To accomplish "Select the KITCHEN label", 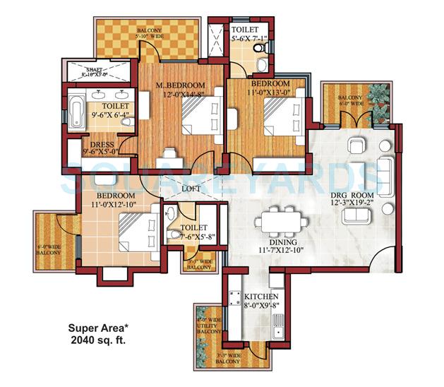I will coord(260,297).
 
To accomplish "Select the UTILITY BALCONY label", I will coord(208,326).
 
